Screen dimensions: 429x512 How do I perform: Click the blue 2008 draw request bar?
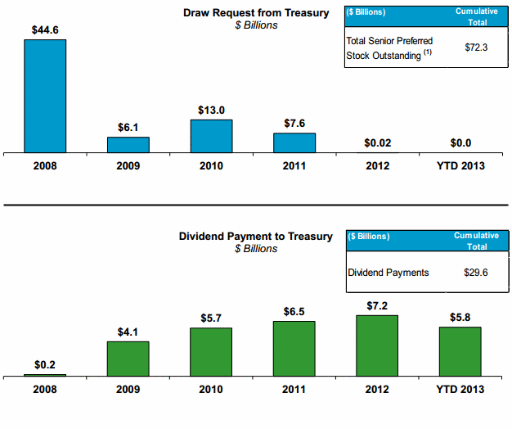[45, 96]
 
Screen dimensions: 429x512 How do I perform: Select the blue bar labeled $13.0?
[211, 136]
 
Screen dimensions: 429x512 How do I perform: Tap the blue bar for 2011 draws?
[294, 142]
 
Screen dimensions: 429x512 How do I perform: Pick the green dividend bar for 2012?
[377, 346]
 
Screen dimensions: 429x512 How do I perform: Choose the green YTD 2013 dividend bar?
[460, 352]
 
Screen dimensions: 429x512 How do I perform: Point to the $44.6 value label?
[45, 29]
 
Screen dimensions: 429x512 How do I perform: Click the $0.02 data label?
[377, 143]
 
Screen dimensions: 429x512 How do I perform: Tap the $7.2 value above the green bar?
[377, 305]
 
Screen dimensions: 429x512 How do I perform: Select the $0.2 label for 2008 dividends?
[45, 364]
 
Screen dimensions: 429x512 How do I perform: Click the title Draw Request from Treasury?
[256, 12]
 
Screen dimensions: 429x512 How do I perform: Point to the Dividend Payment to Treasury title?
[256, 236]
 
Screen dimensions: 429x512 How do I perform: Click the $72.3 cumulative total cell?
[477, 47]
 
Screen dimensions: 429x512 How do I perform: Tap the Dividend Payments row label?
[388, 273]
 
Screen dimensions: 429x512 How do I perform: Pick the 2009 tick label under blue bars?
[128, 165]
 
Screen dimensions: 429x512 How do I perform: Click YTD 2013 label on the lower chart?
[460, 390]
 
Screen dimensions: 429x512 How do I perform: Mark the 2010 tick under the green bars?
[211, 390]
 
